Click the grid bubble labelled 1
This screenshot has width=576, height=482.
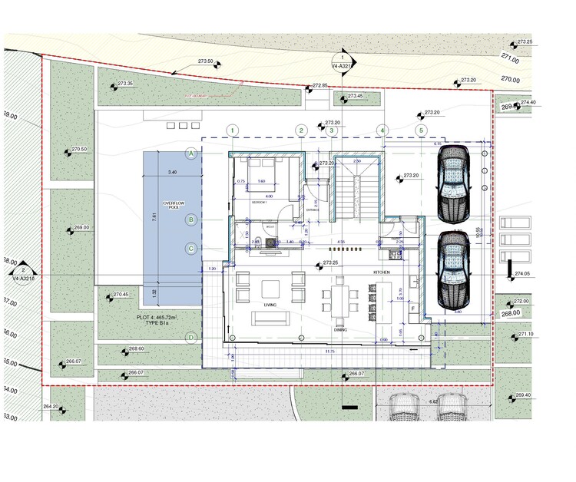(x=233, y=130)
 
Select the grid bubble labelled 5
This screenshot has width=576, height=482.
(x=421, y=130)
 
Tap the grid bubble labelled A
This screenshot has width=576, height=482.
(x=192, y=154)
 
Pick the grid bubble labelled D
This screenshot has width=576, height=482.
(x=192, y=338)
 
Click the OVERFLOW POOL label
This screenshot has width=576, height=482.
(x=172, y=206)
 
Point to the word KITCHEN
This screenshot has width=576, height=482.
(x=382, y=272)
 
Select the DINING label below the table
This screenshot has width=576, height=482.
(x=340, y=329)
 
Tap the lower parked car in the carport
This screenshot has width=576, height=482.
(x=453, y=269)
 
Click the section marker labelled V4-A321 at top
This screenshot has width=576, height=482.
(x=342, y=62)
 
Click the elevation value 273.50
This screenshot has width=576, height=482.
(x=205, y=61)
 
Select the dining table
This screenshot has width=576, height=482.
(x=341, y=295)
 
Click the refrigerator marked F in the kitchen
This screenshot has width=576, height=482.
(x=414, y=308)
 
